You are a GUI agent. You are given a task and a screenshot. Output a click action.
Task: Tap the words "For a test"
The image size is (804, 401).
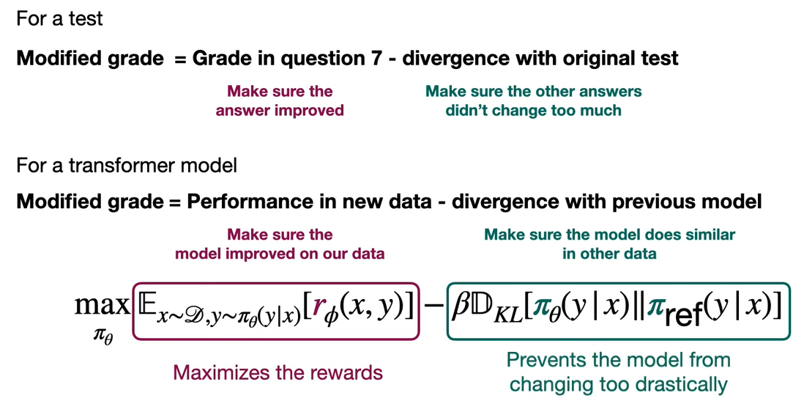pyautogui.click(x=59, y=19)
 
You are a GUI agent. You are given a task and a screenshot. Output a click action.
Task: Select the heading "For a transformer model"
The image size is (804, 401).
pyautogui.click(x=127, y=166)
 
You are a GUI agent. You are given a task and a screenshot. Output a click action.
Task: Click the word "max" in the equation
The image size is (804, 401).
pyautogui.click(x=102, y=307)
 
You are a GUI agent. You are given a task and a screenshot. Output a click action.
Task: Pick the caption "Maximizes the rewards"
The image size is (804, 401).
pyautogui.click(x=278, y=372)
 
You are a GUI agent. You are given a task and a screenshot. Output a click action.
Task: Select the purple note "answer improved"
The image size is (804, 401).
pyautogui.click(x=280, y=111)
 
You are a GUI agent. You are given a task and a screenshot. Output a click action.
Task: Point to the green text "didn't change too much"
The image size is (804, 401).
pyautogui.click(x=533, y=111)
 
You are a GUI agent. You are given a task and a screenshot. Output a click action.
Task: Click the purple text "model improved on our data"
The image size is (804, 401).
pyautogui.click(x=280, y=254)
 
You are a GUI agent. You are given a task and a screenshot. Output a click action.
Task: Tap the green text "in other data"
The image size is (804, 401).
pyautogui.click(x=610, y=254)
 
